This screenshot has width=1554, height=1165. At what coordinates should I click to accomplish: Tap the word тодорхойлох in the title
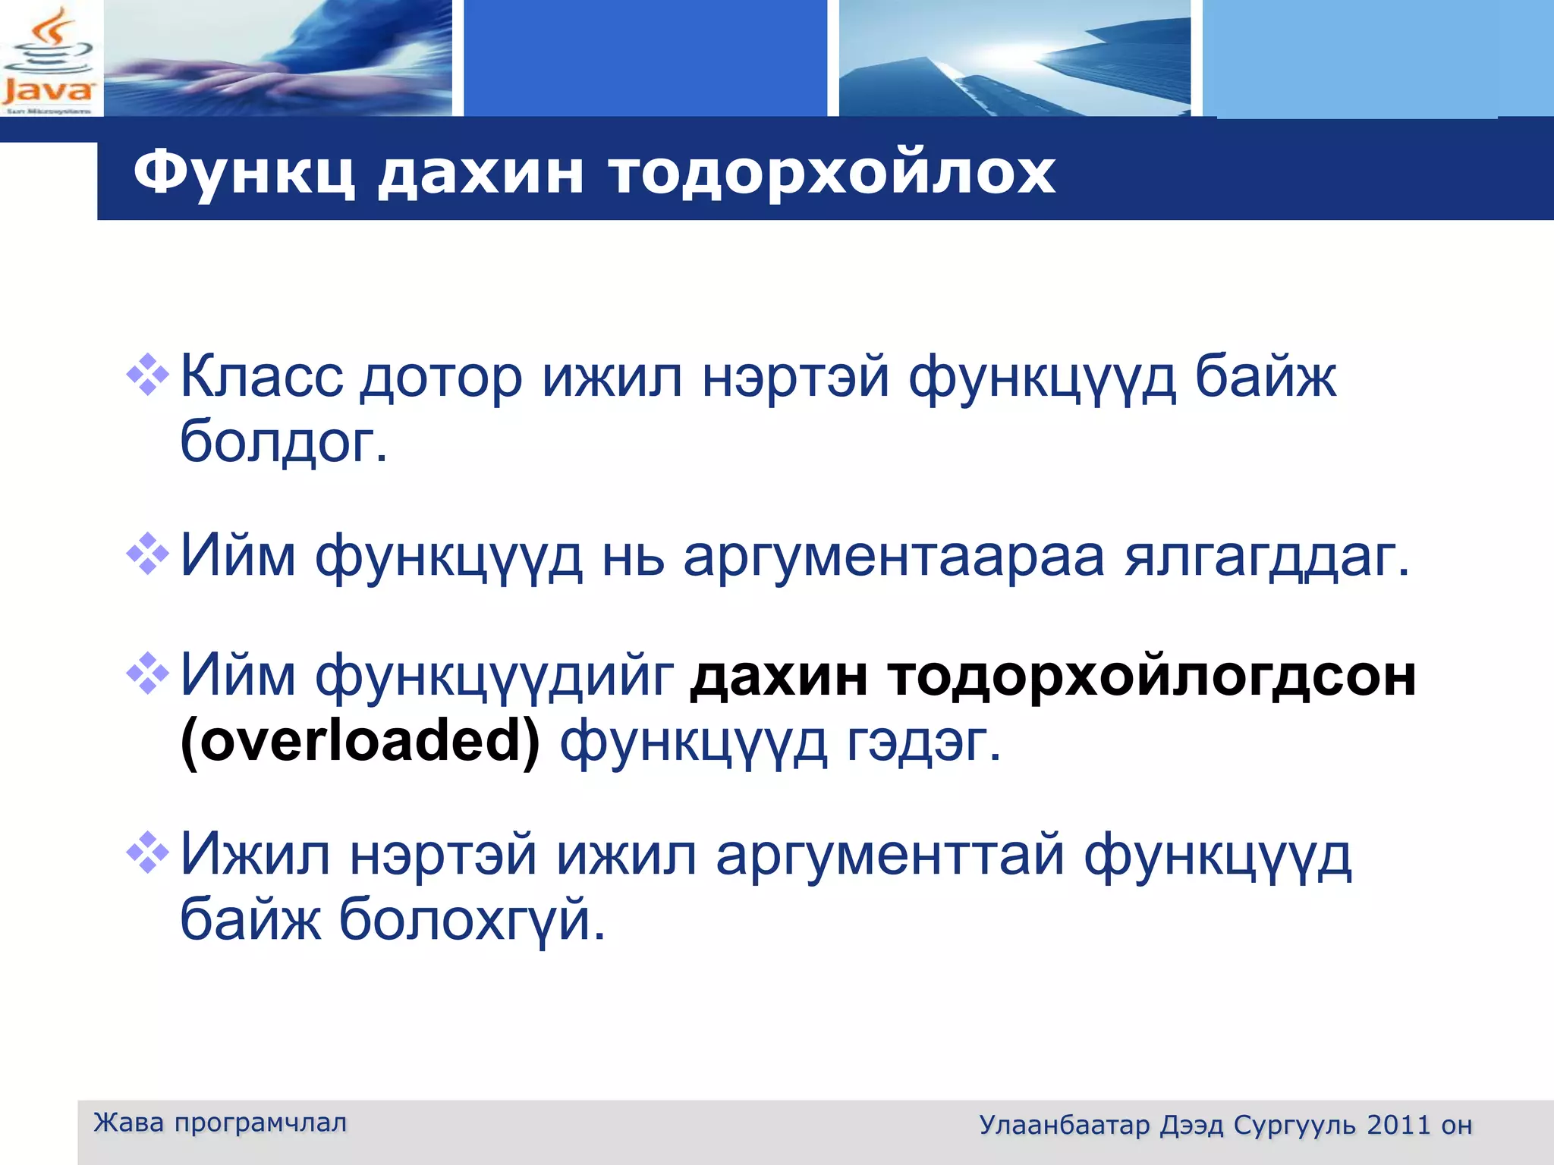point(832,173)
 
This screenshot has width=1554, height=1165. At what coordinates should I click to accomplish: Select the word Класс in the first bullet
point(261,377)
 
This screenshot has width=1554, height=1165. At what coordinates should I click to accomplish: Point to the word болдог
point(283,441)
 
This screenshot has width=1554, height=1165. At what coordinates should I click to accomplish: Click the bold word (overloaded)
point(360,741)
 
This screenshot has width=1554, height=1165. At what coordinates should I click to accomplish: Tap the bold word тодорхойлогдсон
point(1151,676)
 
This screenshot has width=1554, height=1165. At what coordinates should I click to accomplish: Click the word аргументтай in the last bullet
point(890,856)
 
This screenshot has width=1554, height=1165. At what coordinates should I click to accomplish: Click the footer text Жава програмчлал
point(220,1123)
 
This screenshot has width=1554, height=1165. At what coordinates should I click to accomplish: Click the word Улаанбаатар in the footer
point(1064,1125)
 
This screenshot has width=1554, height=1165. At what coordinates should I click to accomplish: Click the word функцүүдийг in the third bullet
point(494,676)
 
